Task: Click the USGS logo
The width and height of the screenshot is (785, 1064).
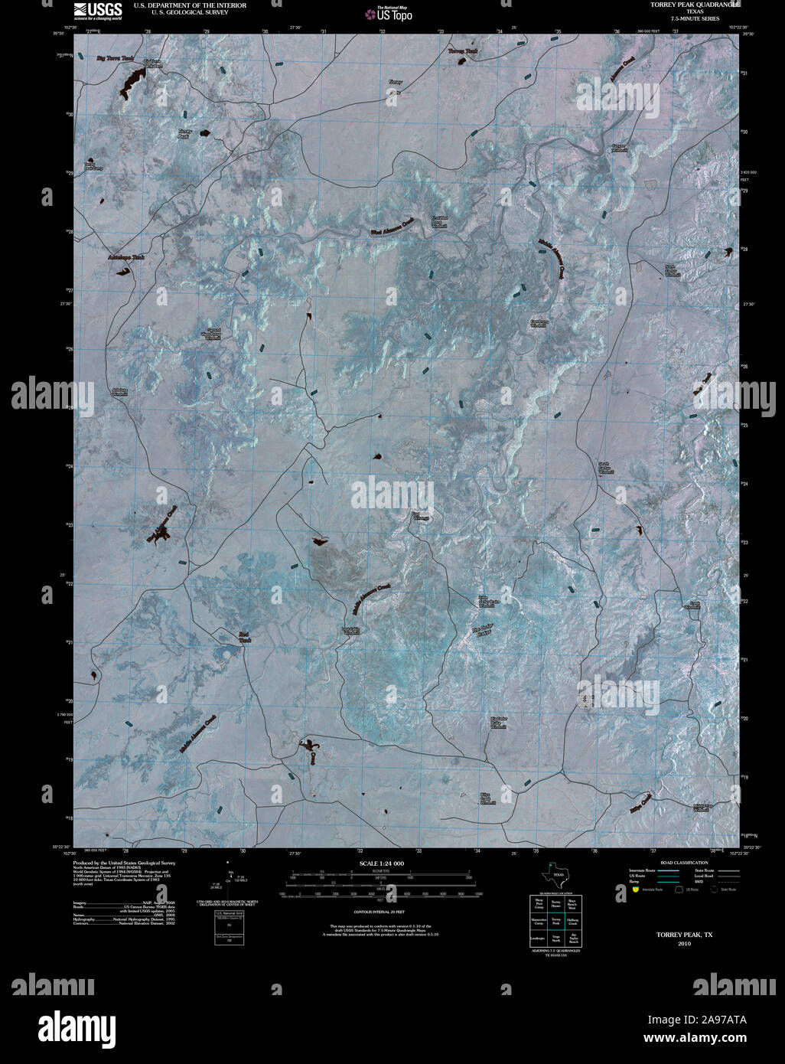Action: click(x=97, y=10)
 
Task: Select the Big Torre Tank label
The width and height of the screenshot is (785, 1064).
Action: click(x=115, y=58)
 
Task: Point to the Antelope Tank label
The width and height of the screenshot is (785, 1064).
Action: click(x=126, y=258)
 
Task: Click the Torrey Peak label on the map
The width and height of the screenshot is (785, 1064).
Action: click(x=184, y=133)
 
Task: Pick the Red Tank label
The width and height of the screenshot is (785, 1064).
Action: click(x=245, y=636)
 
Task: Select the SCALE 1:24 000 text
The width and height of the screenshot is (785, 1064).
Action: click(x=381, y=863)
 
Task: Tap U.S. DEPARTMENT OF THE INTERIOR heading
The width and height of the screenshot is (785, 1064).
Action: click(x=190, y=5)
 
